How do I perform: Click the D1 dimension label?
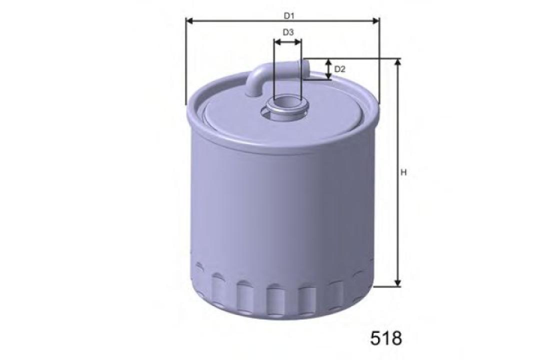pyautogui.click(x=289, y=15)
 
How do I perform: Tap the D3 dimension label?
pyautogui.click(x=288, y=32)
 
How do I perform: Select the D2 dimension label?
pyautogui.click(x=339, y=69)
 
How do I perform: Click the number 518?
pyautogui.click(x=386, y=338)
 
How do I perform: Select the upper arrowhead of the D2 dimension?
pyautogui.click(x=328, y=61)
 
